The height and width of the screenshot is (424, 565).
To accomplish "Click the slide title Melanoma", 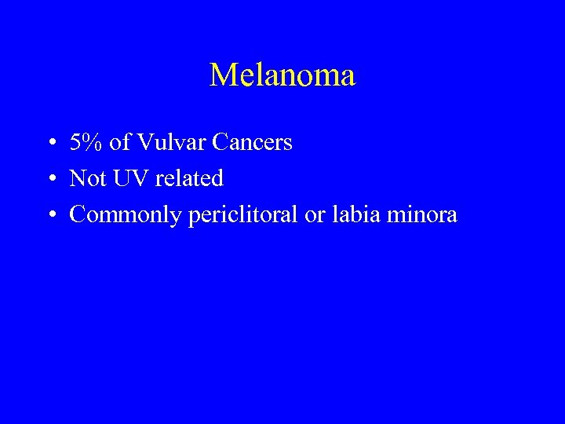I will [282, 75].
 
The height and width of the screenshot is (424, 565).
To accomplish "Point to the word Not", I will [83, 178].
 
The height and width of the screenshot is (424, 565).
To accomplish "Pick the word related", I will [189, 178].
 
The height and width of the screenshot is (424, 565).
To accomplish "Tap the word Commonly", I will [126, 215].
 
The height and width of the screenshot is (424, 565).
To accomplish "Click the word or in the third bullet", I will [314, 215].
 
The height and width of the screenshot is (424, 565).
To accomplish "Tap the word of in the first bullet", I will [121, 142].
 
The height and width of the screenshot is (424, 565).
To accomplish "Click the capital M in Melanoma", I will [223, 75].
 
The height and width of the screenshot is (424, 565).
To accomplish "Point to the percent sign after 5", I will [92, 142].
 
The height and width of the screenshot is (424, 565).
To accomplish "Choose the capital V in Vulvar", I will [145, 142].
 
